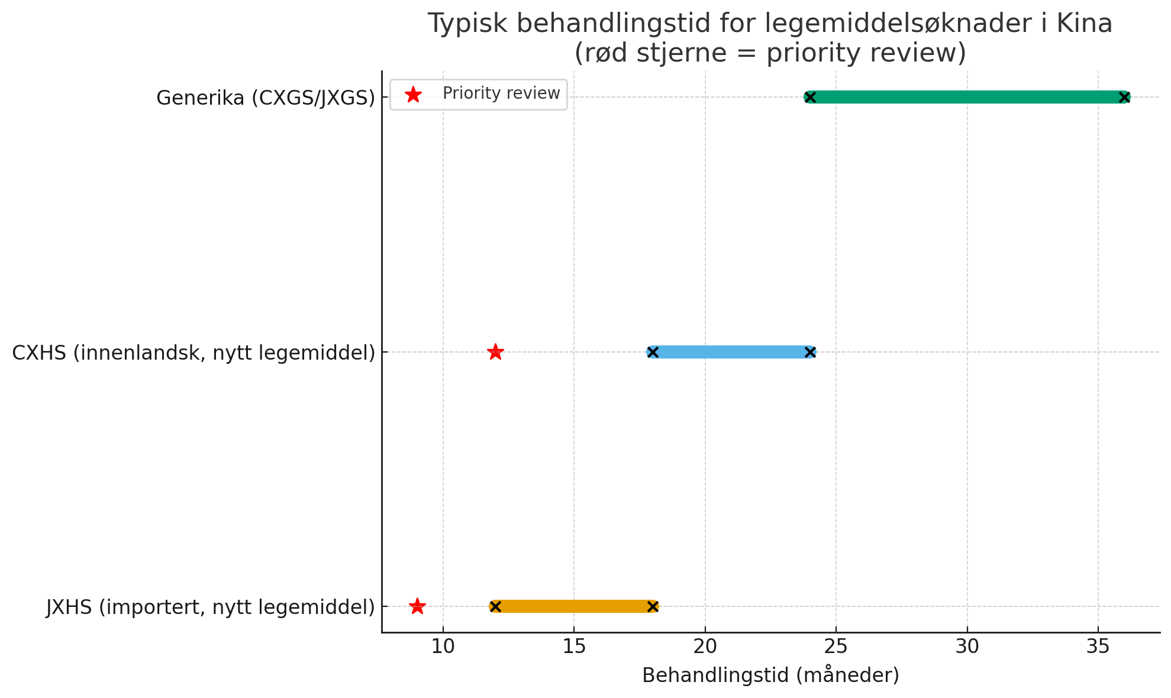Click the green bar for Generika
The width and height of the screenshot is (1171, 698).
(x=967, y=97)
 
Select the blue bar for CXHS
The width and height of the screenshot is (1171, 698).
(x=731, y=352)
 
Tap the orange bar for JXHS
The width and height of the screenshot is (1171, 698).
(x=574, y=606)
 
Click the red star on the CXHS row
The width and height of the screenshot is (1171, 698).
(x=495, y=352)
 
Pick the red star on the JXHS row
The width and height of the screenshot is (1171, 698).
(x=417, y=606)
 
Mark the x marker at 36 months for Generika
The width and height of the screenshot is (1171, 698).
(x=1124, y=97)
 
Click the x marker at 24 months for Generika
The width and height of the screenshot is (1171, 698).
(x=810, y=97)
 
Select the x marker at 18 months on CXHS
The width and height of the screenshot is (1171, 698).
(x=653, y=352)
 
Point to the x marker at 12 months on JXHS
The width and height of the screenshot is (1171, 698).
(x=495, y=606)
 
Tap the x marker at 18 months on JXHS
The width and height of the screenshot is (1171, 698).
(x=653, y=606)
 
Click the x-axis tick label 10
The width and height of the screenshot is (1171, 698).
(x=443, y=647)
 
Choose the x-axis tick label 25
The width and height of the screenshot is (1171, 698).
(x=836, y=647)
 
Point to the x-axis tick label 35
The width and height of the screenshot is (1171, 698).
(x=1098, y=647)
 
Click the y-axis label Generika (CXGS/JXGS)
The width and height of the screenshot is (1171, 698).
(x=266, y=98)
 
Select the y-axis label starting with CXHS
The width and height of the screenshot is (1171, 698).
(x=193, y=353)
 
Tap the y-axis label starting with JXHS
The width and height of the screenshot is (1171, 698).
(x=211, y=607)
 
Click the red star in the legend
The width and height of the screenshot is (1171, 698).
(x=413, y=94)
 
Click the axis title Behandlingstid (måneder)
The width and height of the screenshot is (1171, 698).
(x=770, y=675)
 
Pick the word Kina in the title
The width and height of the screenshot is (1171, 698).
(x=1084, y=24)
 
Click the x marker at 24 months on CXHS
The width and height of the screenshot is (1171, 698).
(x=810, y=352)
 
